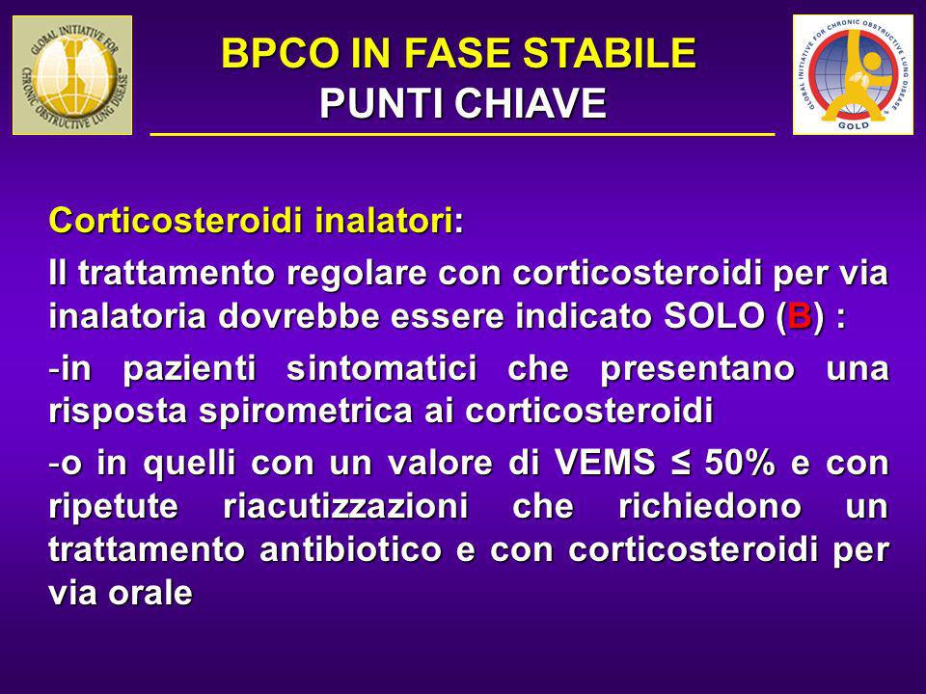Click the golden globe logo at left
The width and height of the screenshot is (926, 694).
pos(72,75)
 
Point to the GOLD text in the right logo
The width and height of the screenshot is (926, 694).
pos(854,125)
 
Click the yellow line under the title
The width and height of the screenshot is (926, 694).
pos(462,135)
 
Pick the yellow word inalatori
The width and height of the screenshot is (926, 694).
pos(383,221)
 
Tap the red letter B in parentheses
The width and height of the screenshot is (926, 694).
pos(800,316)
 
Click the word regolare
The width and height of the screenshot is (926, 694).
pos(360,273)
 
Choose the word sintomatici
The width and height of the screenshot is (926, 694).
pos(382,368)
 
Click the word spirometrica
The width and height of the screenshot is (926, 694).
pos(306,411)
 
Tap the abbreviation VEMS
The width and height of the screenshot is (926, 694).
pos(606,462)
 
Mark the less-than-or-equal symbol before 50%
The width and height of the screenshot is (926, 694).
pos(680,463)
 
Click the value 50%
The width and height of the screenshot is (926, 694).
pos(740,462)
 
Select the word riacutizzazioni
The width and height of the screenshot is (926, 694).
pos(345,506)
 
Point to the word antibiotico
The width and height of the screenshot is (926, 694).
pos(351,548)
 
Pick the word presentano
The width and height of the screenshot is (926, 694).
pos(697,369)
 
